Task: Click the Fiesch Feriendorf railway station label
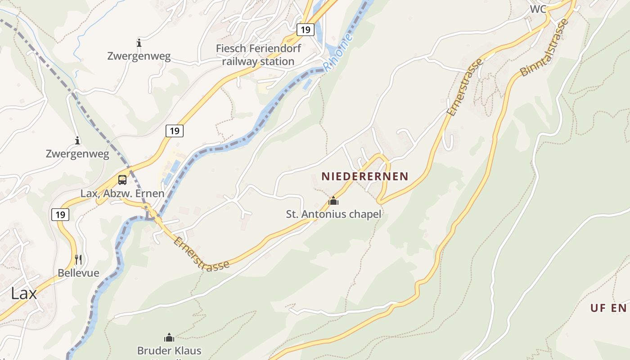(x=258, y=54)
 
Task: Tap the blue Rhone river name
(x=338, y=53)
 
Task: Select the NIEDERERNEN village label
(x=364, y=176)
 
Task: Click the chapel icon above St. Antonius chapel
(x=333, y=201)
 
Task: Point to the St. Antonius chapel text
(x=333, y=214)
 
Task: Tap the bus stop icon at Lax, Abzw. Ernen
(x=122, y=180)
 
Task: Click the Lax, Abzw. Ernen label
(x=122, y=193)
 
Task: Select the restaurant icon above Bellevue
(x=78, y=259)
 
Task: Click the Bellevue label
(x=78, y=273)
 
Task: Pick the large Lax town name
(x=24, y=293)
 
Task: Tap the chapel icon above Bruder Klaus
(x=169, y=337)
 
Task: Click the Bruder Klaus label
(x=169, y=351)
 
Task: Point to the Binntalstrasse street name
(x=544, y=47)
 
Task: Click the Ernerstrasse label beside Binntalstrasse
(x=465, y=87)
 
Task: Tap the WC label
(x=538, y=9)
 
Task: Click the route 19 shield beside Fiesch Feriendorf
(x=306, y=30)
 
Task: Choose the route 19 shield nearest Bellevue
(x=60, y=215)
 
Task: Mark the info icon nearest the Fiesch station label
(x=139, y=43)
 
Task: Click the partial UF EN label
(x=609, y=308)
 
